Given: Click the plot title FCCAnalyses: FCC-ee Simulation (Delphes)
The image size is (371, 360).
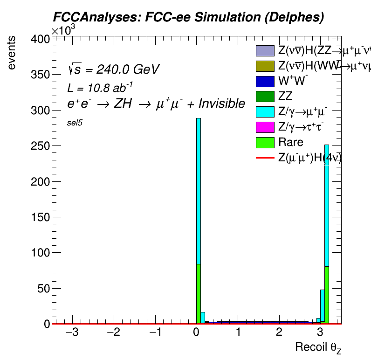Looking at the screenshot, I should (188, 17).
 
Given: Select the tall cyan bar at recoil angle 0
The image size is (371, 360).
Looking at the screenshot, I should (199, 187).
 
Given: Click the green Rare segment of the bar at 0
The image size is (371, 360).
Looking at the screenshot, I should (199, 294).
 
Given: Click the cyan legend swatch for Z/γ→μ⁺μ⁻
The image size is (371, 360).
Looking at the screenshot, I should (264, 111).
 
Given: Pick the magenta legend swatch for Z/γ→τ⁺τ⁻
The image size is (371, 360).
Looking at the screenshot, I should (264, 127).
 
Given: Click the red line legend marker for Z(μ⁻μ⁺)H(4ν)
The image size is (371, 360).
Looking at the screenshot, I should (264, 158).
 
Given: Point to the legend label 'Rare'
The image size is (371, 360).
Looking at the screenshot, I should (291, 142).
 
